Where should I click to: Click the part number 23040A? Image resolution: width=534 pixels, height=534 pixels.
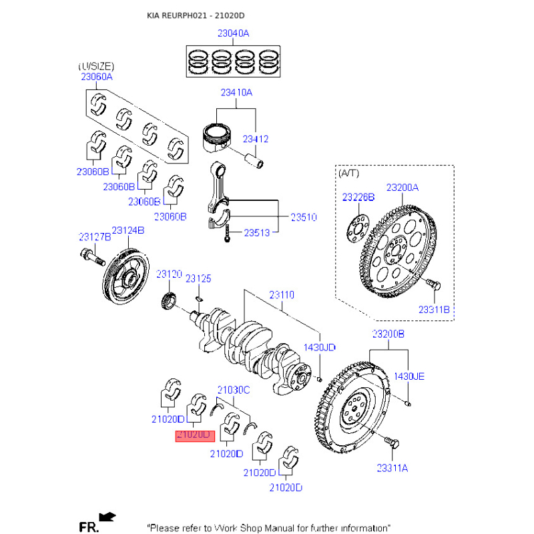(x=232, y=33)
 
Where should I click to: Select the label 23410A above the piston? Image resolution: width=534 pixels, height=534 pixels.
(x=236, y=93)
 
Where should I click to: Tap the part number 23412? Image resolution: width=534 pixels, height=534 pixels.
(x=255, y=139)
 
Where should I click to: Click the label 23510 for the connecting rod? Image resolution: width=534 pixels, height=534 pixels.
(x=303, y=218)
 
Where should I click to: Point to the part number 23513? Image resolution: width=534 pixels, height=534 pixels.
(x=256, y=233)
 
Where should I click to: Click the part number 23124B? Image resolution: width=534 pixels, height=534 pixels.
(x=127, y=230)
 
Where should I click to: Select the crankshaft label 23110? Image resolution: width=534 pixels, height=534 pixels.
(x=281, y=294)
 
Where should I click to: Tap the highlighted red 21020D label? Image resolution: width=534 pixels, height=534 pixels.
(x=193, y=435)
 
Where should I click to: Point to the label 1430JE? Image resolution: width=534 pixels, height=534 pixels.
(x=409, y=376)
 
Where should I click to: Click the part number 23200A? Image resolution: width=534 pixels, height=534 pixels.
(x=402, y=188)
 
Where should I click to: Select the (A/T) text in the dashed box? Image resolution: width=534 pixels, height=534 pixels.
(x=348, y=174)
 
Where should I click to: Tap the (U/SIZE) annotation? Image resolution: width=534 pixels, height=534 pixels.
(x=96, y=67)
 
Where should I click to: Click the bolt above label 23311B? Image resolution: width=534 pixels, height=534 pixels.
(x=431, y=286)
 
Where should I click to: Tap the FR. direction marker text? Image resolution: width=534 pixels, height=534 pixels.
(x=88, y=527)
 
